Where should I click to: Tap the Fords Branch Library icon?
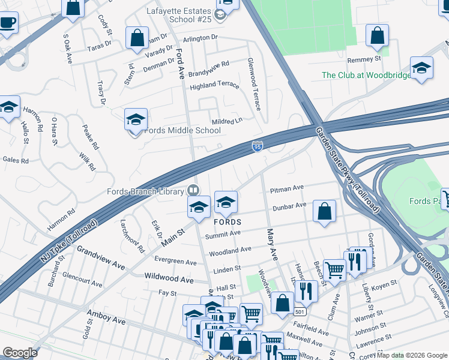pos(193,190)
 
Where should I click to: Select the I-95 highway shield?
pos(257,146)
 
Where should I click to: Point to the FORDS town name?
pos(228,222)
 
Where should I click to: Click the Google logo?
pos(20,353)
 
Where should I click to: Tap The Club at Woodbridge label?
pos(366,75)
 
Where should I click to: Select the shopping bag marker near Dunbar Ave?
pos(324,211)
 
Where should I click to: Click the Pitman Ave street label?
pos(286,189)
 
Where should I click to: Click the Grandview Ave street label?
pos(100,257)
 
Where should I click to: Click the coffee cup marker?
pos(8,23)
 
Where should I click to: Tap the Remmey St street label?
pos(365,59)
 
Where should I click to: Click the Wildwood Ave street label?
pos(170,279)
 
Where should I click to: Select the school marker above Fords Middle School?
pos(136,119)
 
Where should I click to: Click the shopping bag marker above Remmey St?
pos(378,36)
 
